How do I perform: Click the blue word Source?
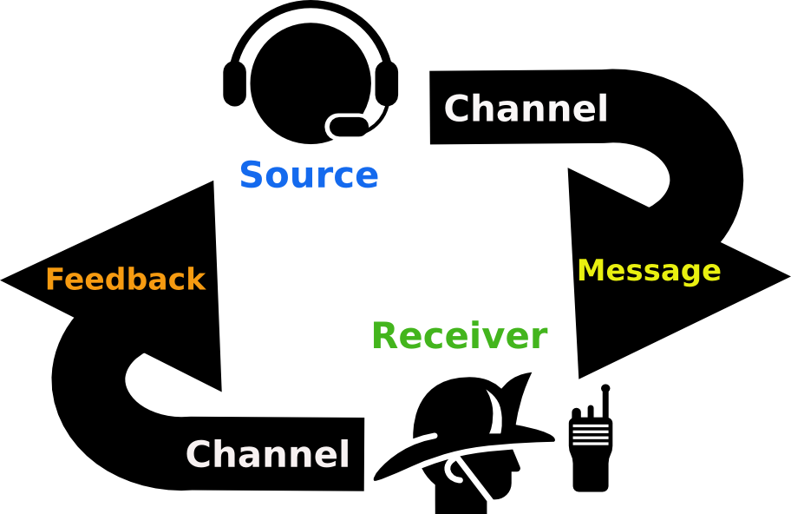309,175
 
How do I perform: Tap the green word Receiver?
460,336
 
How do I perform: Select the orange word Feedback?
126,280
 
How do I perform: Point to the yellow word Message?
649,271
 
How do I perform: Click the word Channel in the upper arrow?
526,109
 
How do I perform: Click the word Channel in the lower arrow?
267,454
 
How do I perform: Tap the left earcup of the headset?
234,83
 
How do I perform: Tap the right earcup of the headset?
388,83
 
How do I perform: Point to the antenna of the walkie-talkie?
605,399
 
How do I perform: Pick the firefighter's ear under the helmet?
457,471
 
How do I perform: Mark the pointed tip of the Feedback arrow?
5,280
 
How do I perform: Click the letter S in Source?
252,175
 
